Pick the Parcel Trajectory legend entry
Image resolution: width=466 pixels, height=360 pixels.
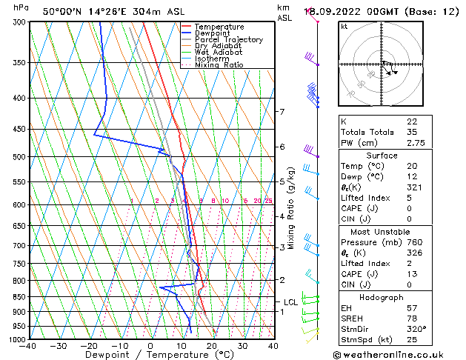(228, 40)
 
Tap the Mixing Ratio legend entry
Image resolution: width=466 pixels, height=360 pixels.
(219, 65)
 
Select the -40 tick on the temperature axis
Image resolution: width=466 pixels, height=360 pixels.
(28, 346)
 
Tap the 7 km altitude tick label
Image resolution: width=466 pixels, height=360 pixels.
(282, 112)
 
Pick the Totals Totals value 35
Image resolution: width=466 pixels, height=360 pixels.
(412, 132)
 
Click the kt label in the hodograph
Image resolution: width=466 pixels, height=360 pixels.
(344, 27)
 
